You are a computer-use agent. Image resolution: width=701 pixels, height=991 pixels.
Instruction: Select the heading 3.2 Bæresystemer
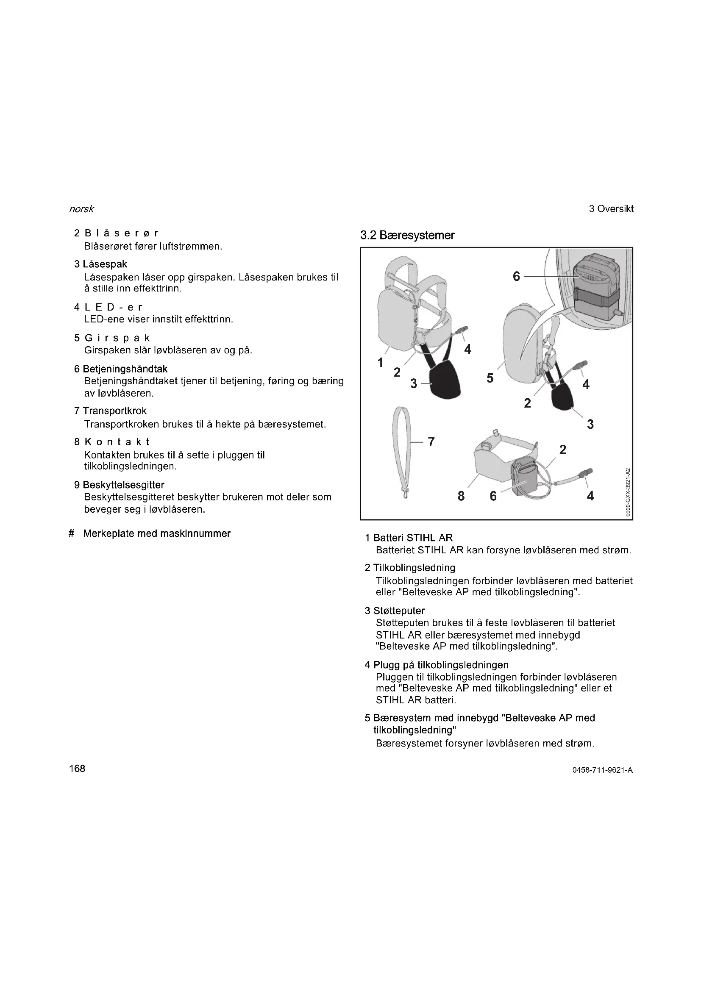click(x=407, y=235)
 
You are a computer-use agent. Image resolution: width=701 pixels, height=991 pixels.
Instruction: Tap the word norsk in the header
click(x=81, y=209)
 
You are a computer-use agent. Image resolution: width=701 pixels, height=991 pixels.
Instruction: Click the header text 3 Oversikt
click(x=611, y=209)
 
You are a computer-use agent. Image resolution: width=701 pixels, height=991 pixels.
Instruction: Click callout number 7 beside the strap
click(x=431, y=441)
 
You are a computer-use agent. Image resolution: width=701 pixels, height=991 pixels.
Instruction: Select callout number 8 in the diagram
click(x=461, y=497)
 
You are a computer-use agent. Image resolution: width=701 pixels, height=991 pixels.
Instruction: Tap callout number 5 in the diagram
click(x=490, y=378)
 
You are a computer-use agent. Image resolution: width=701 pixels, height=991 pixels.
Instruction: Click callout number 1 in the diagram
click(x=380, y=363)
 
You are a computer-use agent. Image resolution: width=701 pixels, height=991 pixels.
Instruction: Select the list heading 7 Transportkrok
click(x=111, y=411)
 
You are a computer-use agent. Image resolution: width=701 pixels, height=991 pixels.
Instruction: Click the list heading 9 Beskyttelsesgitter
click(x=119, y=485)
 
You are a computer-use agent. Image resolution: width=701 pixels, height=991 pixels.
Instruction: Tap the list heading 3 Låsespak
click(x=100, y=264)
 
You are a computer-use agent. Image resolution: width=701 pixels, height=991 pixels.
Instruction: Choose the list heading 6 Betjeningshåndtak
click(x=121, y=369)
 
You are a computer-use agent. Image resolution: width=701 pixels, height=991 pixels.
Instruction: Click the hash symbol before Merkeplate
click(x=72, y=534)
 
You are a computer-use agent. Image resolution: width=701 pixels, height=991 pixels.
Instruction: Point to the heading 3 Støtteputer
click(x=395, y=611)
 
